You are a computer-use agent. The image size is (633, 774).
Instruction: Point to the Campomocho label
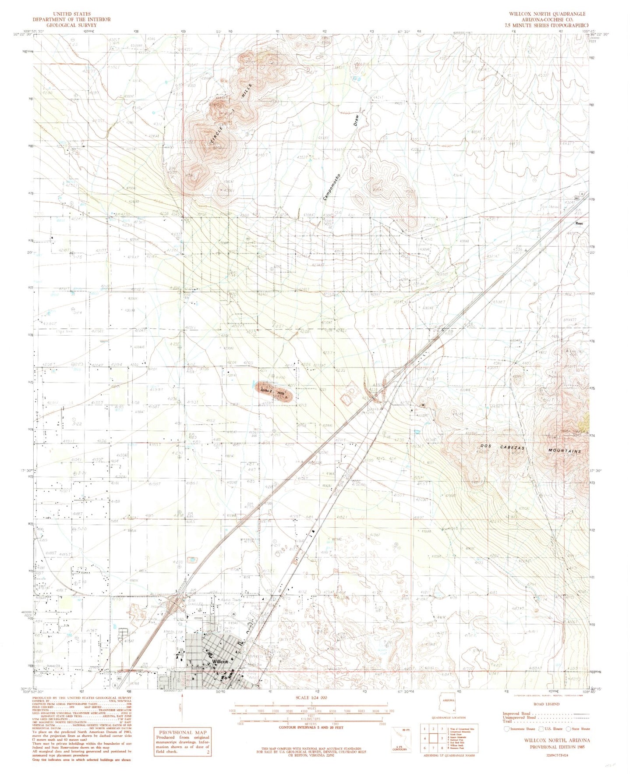(332, 185)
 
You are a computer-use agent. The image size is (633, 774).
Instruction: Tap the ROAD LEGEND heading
(546, 704)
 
